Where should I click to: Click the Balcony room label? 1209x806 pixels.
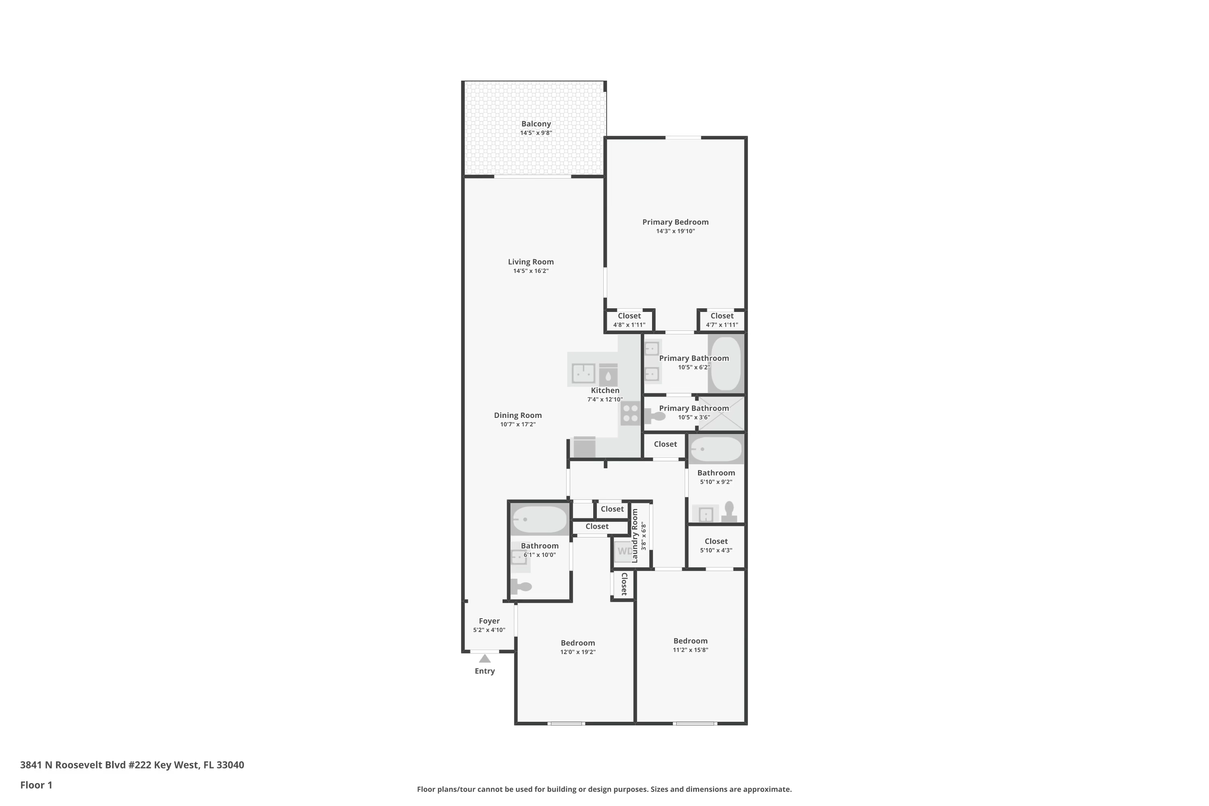click(536, 124)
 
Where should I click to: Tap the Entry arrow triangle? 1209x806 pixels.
click(485, 659)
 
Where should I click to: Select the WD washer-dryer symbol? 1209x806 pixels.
click(623, 552)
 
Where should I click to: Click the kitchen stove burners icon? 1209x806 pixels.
click(630, 414)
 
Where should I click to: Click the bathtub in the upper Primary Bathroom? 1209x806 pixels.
click(725, 364)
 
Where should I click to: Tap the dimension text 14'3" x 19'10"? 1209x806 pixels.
click(675, 231)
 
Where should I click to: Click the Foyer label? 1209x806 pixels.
click(489, 621)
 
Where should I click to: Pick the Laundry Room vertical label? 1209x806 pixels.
click(634, 536)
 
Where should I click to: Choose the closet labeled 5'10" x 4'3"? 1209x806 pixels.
click(716, 545)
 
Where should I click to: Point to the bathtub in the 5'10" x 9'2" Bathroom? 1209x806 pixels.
click(716, 449)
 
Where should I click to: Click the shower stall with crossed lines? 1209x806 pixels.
click(726, 414)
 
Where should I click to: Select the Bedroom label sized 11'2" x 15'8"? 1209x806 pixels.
click(690, 641)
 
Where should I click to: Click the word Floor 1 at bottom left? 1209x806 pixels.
click(36, 785)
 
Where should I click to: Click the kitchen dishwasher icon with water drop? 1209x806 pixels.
click(608, 375)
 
